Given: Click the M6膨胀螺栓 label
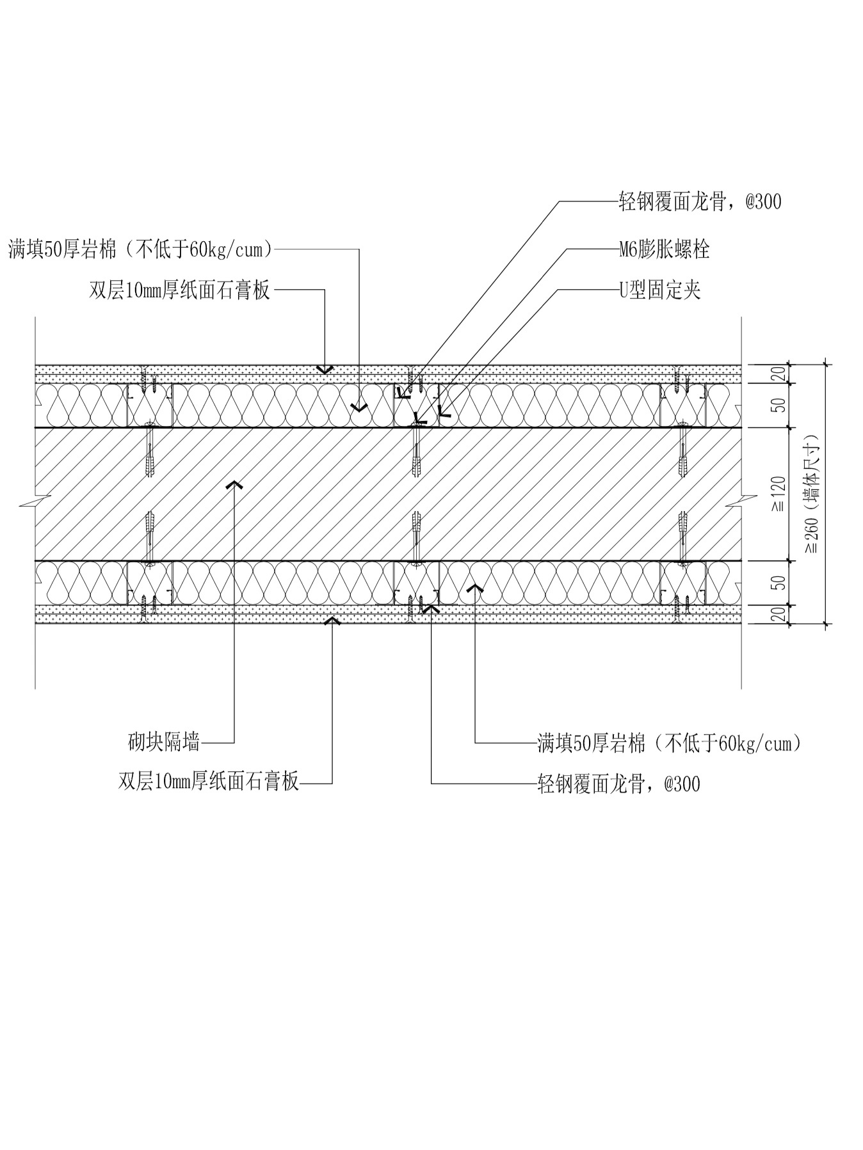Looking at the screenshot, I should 664,249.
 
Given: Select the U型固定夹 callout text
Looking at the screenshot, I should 659,290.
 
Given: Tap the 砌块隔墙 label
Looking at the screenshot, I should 164,742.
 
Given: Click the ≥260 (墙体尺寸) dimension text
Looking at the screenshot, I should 812,494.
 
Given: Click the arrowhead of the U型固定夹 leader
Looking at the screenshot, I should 442,413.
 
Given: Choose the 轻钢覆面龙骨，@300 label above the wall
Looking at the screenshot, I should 700,202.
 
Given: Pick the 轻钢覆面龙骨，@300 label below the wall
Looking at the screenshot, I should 618,784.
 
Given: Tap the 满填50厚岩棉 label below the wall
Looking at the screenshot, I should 669,743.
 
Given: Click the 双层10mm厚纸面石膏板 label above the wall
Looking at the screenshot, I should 180,290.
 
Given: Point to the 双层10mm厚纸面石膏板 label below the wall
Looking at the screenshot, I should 209,782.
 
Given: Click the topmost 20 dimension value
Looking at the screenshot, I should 778,374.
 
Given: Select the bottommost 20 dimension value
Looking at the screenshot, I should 778,614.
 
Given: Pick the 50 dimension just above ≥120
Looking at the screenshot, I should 778,406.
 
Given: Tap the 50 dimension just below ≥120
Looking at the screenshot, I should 778,582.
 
